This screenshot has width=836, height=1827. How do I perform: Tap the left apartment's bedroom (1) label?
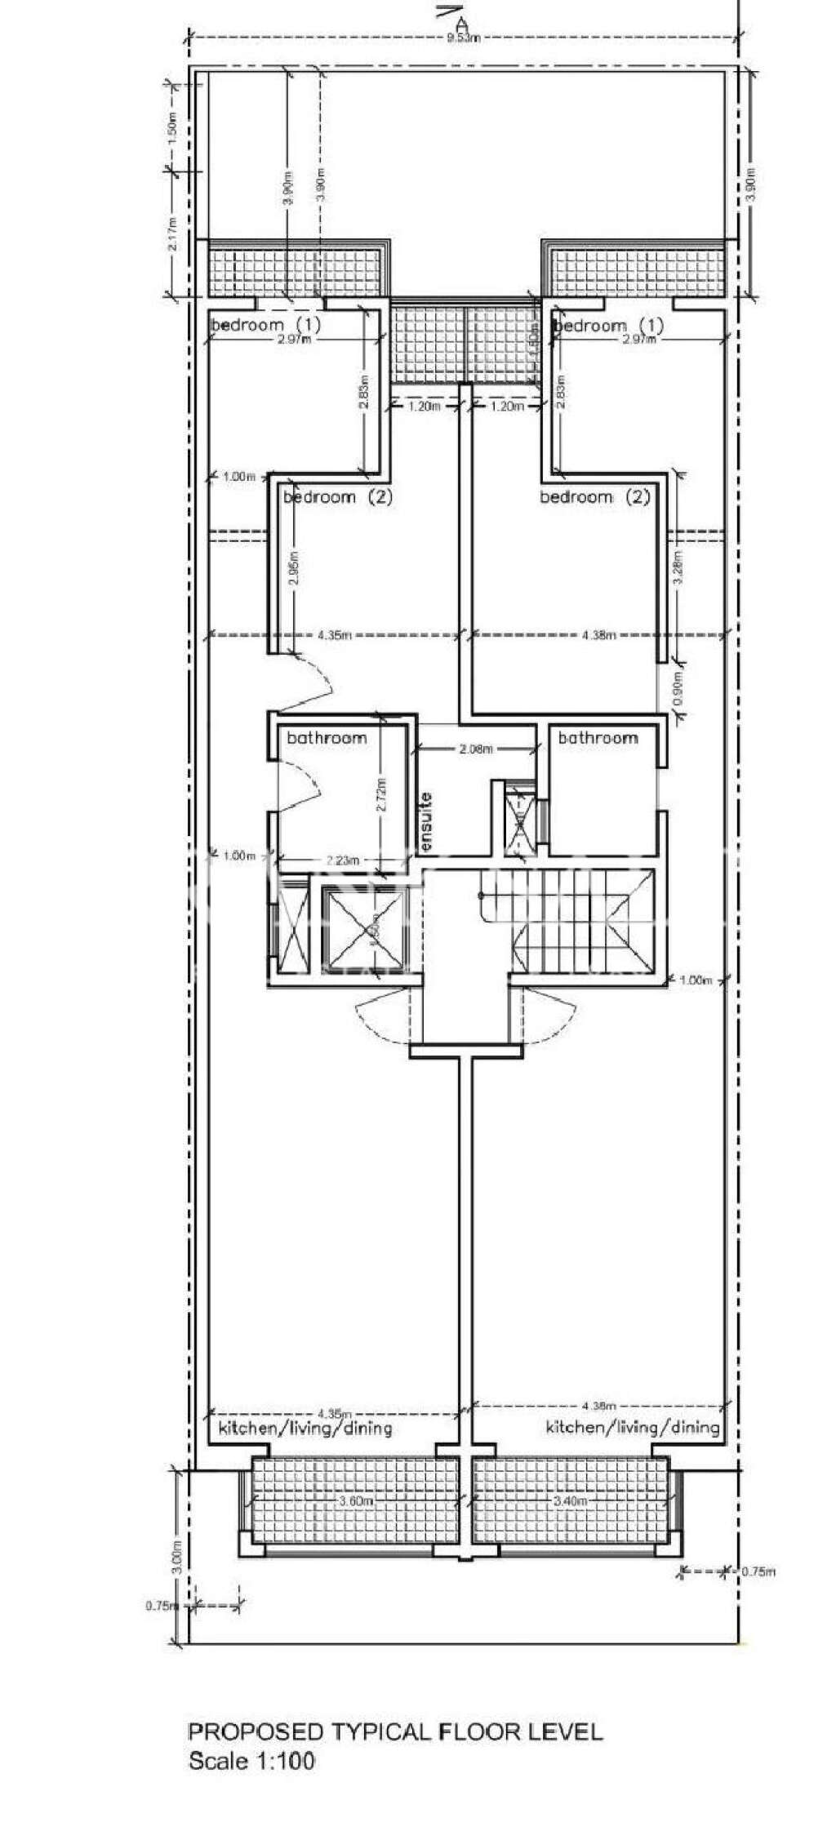[x=266, y=325]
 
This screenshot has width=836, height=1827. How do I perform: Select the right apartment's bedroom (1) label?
[x=609, y=326]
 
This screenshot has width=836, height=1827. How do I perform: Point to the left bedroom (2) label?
[x=338, y=496]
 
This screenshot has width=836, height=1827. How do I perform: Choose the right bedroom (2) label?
[x=595, y=496]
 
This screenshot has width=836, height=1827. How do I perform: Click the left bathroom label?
[x=327, y=738]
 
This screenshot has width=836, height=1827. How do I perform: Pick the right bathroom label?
[x=598, y=738]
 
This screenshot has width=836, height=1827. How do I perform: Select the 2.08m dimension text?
[x=476, y=749]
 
